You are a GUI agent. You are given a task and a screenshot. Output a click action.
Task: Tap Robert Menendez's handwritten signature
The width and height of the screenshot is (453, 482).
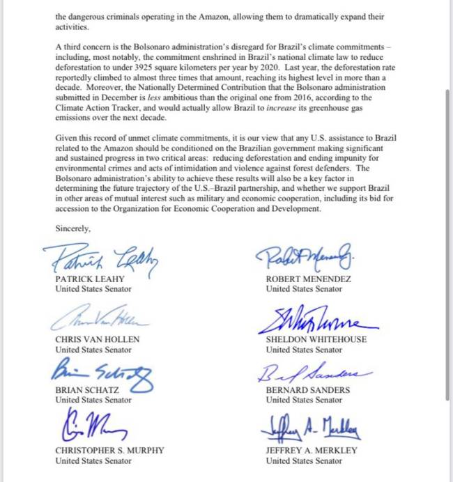(x=306, y=259)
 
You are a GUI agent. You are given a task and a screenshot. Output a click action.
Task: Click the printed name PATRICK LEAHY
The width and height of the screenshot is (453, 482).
(x=90, y=279)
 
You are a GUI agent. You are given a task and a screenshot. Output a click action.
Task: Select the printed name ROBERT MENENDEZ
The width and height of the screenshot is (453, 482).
(x=308, y=279)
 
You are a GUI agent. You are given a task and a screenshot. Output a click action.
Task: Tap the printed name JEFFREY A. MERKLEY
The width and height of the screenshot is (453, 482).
(x=312, y=451)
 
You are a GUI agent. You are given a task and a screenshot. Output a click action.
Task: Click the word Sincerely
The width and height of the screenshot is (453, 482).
(x=73, y=228)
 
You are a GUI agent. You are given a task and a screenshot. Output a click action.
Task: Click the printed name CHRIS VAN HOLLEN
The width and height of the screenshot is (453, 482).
(x=98, y=340)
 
